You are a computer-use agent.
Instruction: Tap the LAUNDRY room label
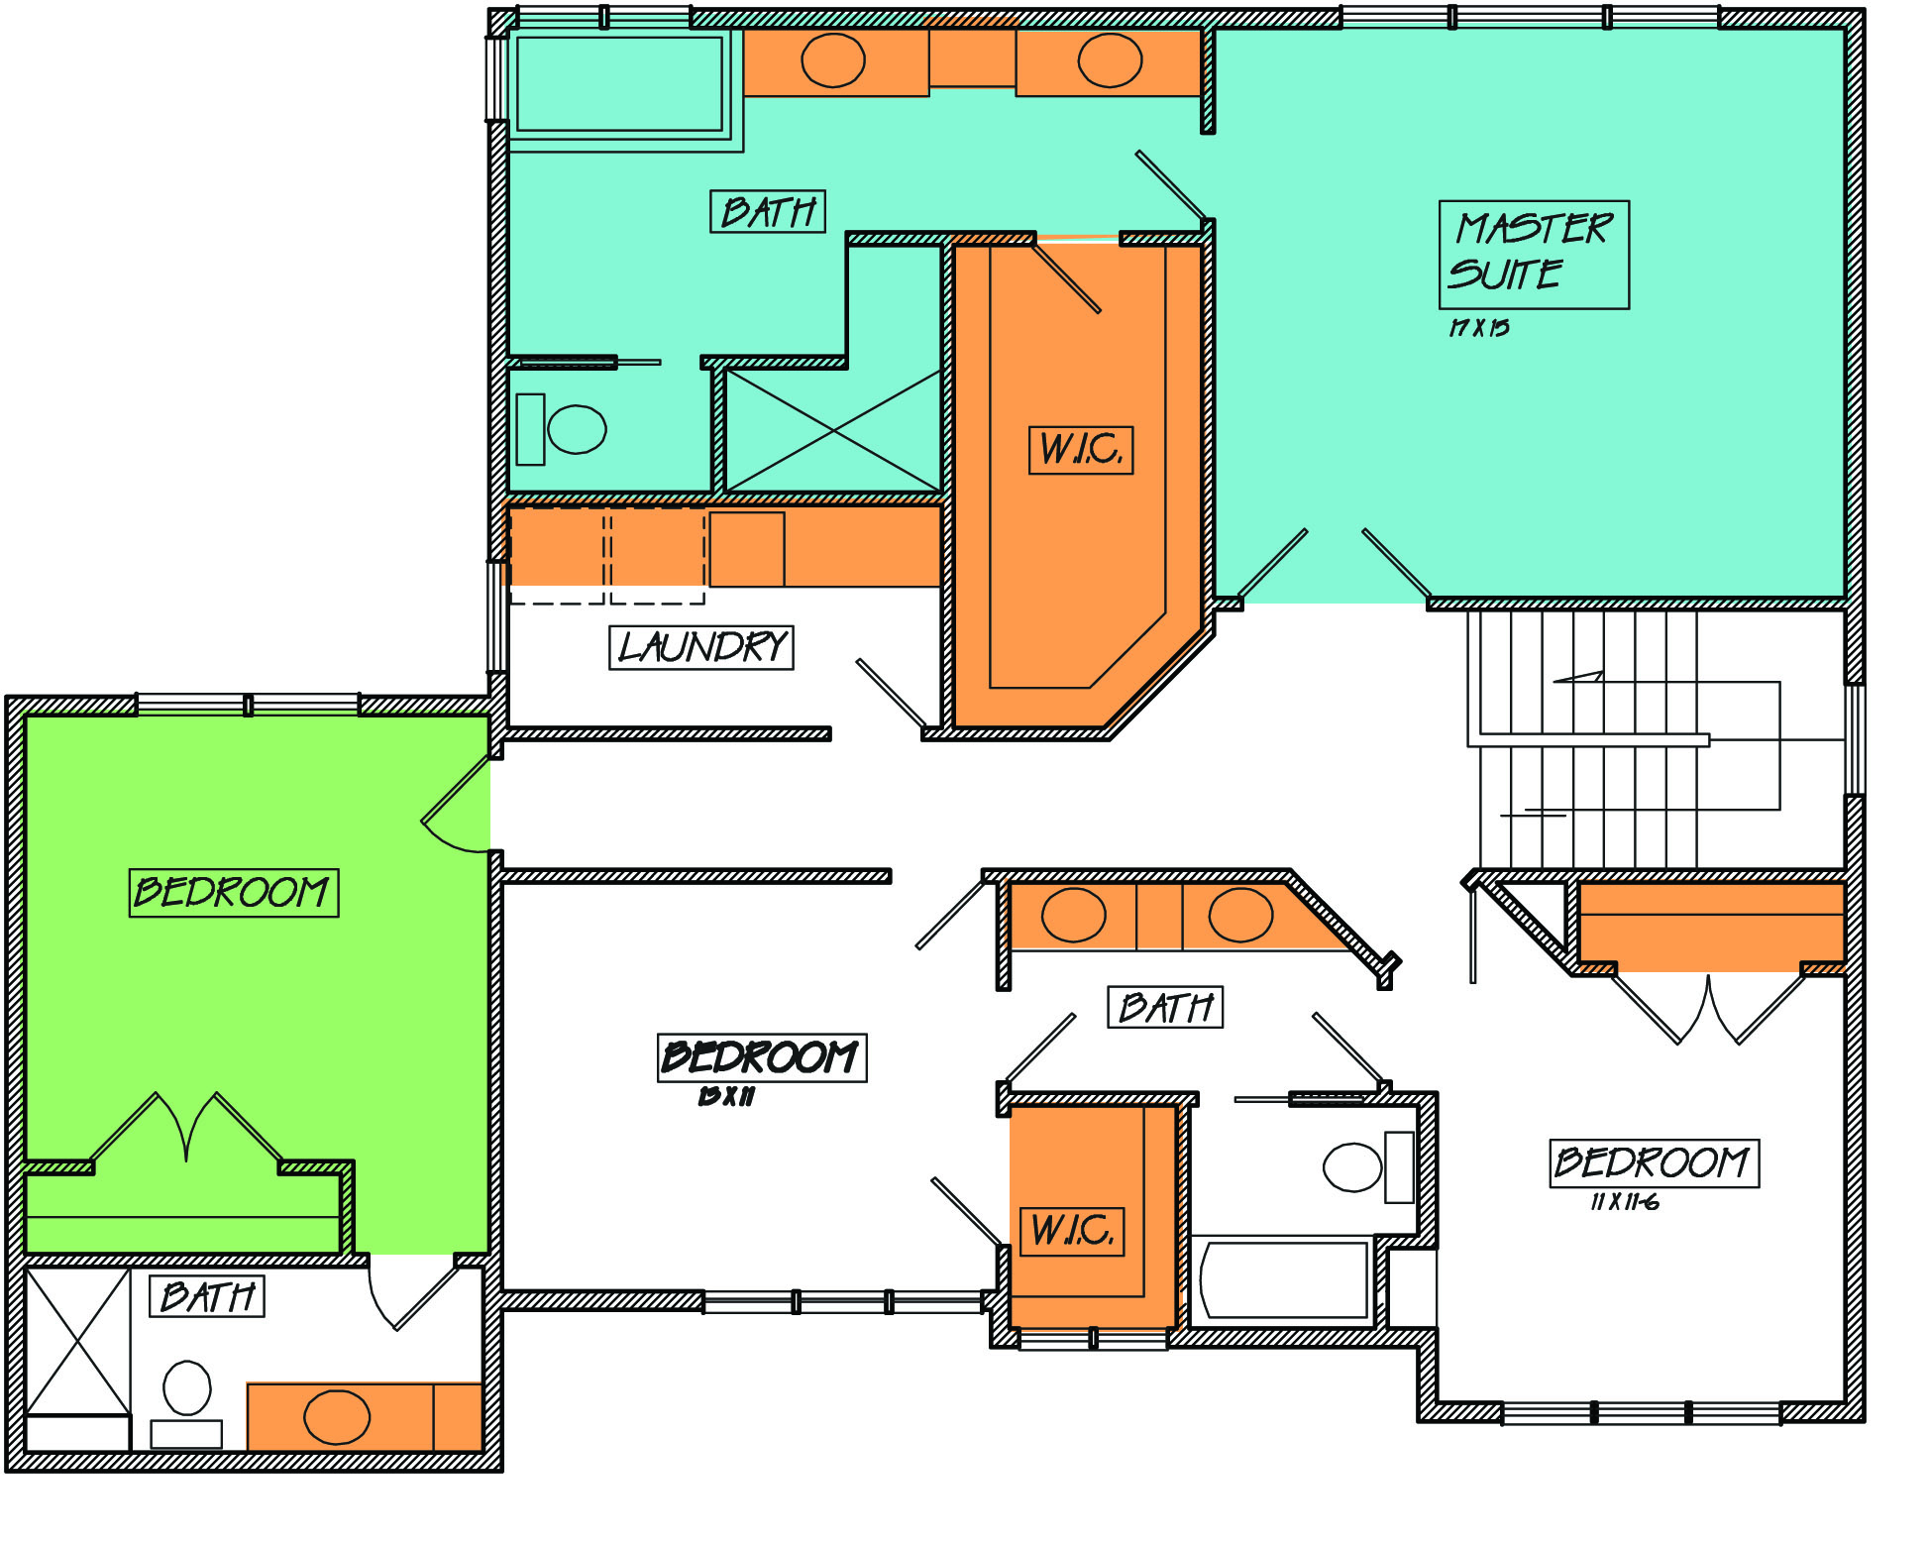click(x=701, y=647)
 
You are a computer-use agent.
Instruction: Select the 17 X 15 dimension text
click(x=1479, y=327)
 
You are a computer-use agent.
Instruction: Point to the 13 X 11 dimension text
click(x=726, y=1095)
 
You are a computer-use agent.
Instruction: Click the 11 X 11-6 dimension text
click(x=1625, y=1202)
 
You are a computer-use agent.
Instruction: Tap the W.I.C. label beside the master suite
click(x=1081, y=450)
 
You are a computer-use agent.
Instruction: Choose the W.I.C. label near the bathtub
click(x=1072, y=1231)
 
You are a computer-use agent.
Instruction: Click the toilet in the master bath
click(x=562, y=429)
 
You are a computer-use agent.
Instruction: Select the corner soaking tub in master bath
click(x=619, y=84)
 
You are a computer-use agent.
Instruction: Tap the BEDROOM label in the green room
click(x=234, y=893)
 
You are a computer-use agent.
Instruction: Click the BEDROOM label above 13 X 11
click(x=762, y=1057)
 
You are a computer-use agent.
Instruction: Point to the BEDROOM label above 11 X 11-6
click(x=1654, y=1162)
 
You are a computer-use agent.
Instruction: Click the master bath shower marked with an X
click(x=832, y=431)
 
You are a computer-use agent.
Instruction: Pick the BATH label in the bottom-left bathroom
click(x=207, y=1296)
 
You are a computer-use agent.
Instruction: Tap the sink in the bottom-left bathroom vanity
click(x=337, y=1417)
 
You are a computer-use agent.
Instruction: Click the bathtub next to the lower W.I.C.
click(x=1283, y=1280)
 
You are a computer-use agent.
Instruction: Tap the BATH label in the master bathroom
click(x=768, y=211)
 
